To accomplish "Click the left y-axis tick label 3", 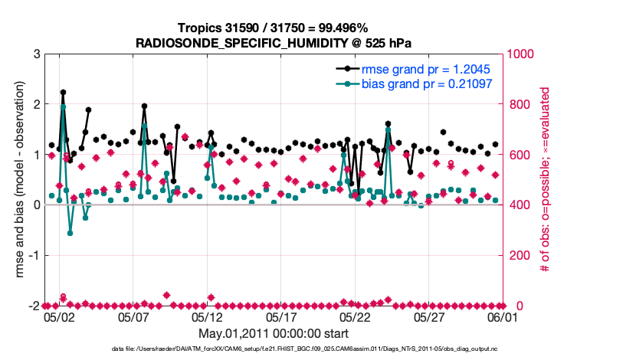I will click(36, 54).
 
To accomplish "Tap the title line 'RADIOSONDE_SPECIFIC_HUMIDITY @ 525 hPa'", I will click(273, 42).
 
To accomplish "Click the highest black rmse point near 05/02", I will click(63, 92).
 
